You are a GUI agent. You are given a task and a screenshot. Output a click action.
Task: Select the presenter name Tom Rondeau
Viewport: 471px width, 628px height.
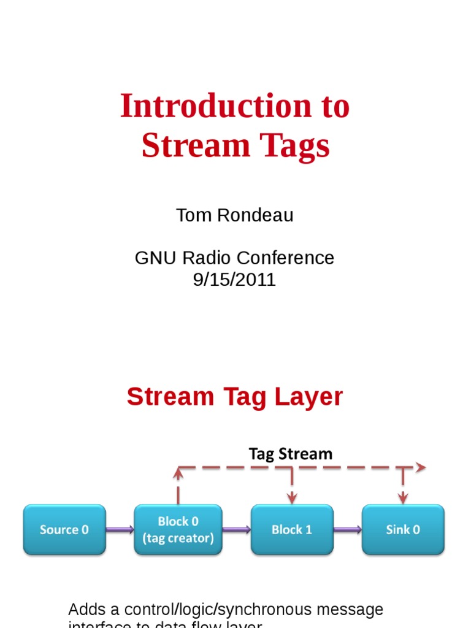point(235,215)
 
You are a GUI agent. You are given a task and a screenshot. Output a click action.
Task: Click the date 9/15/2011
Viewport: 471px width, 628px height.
point(234,280)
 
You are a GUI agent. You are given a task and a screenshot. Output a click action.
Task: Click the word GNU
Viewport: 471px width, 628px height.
point(151,258)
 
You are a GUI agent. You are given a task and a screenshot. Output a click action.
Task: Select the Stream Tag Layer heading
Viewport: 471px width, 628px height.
point(235,397)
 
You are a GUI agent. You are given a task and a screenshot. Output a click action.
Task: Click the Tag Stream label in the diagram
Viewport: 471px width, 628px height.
point(290,454)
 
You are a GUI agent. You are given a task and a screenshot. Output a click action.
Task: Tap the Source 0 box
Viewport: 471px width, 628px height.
point(64,529)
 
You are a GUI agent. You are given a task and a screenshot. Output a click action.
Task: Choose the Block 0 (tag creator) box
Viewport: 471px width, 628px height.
point(178,529)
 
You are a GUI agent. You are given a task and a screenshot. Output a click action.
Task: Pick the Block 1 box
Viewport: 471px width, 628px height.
point(292,529)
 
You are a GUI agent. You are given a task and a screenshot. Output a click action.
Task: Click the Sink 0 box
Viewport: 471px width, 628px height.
point(403,529)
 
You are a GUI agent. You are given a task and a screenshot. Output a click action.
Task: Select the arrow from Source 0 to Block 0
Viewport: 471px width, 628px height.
point(120,529)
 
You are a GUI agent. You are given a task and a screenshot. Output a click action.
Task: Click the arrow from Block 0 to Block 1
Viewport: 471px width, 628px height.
point(236,529)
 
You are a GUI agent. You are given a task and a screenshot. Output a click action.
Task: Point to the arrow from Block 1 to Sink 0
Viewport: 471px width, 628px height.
point(348,529)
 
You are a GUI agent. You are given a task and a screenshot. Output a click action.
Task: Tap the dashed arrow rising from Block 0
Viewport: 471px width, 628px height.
point(178,484)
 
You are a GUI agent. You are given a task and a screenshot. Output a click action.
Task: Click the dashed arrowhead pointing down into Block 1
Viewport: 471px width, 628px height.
point(292,496)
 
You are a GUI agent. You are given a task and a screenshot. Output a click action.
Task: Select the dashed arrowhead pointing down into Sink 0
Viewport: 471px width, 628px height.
point(403,496)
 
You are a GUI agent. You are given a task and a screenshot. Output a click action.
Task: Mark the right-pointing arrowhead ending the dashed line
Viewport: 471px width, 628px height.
point(421,468)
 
